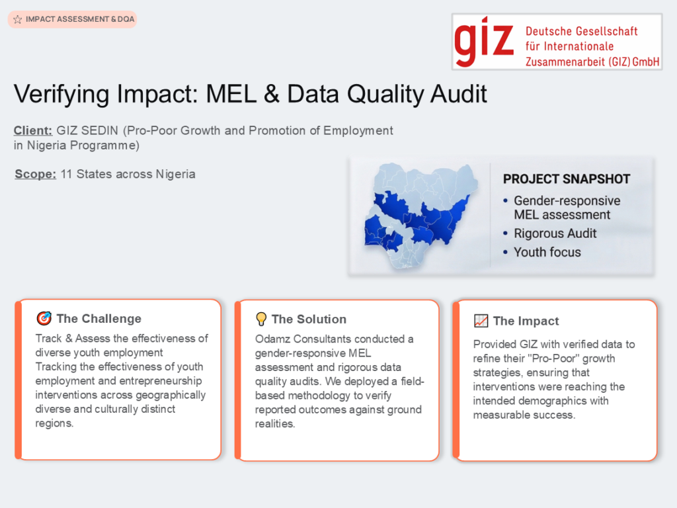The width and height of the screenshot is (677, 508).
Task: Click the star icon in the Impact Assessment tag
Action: click(x=18, y=19)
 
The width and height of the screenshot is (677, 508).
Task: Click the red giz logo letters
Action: click(x=484, y=42)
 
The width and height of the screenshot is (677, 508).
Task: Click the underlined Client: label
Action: click(x=33, y=130)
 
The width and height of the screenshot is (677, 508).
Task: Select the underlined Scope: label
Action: click(x=36, y=174)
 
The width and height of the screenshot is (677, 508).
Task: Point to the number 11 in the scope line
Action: click(x=66, y=174)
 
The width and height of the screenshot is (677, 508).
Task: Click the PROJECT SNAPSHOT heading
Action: click(x=567, y=179)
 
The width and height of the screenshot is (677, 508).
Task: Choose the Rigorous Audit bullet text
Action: click(x=555, y=233)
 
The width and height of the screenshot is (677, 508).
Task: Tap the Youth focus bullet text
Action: click(x=547, y=252)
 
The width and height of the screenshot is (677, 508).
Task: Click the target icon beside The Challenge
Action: click(x=44, y=318)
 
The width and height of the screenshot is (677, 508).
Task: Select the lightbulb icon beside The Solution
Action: click(x=261, y=319)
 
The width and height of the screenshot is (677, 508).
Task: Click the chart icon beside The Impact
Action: click(x=481, y=321)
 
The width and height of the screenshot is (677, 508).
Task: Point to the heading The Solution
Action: click(x=309, y=319)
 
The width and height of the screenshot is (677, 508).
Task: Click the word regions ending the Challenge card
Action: click(x=54, y=423)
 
